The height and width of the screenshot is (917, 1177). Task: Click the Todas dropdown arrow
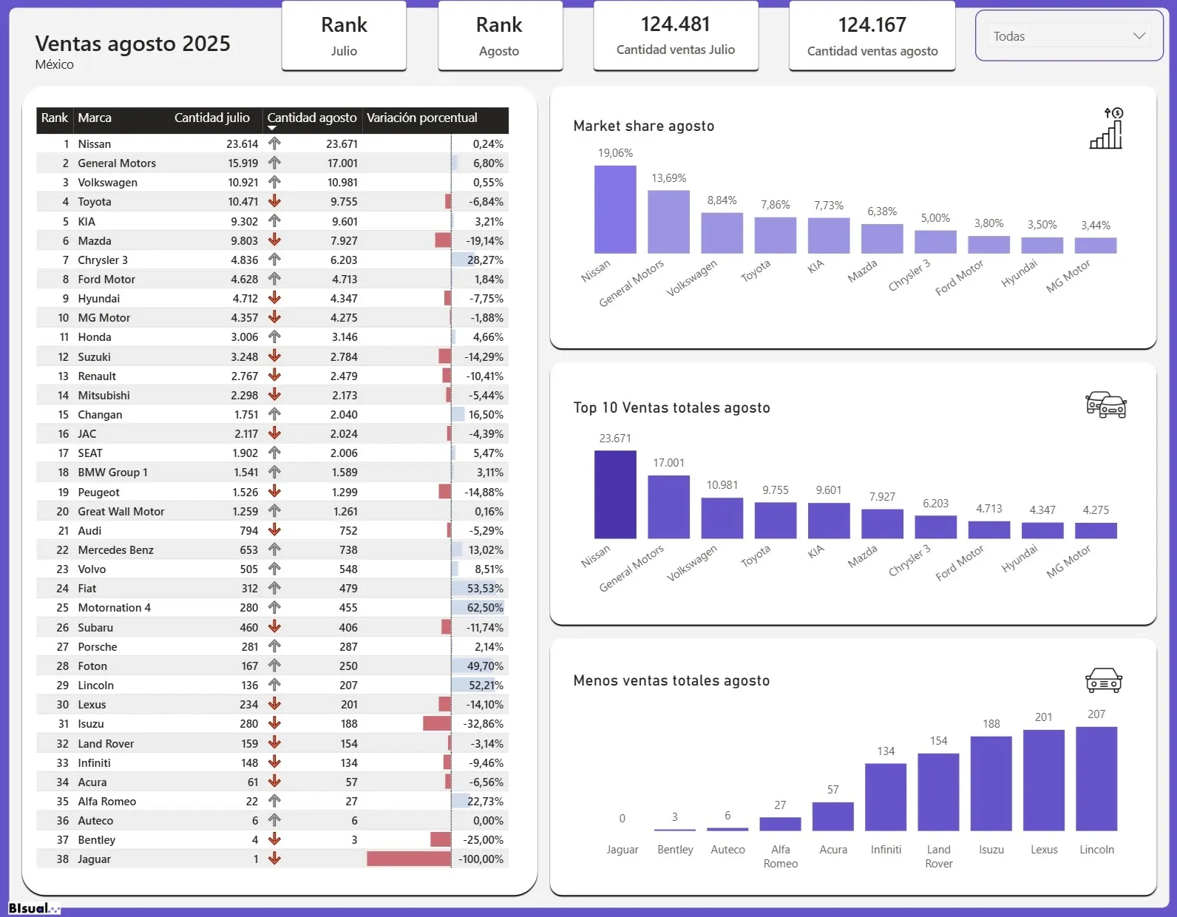1139,36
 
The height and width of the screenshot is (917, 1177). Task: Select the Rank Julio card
344,36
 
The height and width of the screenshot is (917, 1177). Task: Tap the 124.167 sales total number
872,25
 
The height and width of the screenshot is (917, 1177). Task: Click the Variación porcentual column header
422,118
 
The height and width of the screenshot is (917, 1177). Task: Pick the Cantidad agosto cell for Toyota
344,202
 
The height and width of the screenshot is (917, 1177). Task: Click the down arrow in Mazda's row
274,240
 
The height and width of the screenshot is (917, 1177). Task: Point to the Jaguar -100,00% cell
481,859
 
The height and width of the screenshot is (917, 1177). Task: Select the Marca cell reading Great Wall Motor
121,512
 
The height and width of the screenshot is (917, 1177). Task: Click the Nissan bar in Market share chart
615,209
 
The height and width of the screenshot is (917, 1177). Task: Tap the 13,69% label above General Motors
668,178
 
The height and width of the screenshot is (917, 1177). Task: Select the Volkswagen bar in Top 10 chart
722,518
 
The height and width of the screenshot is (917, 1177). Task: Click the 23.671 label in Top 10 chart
615,439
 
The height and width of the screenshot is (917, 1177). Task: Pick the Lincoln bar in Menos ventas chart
1096,779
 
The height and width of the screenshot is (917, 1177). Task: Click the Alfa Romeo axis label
781,856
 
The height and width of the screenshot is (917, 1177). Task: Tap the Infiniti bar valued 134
886,797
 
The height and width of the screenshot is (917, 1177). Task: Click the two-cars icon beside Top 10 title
1106,405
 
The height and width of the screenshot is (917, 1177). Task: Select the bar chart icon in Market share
1107,129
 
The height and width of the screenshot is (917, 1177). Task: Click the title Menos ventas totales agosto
671,680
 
